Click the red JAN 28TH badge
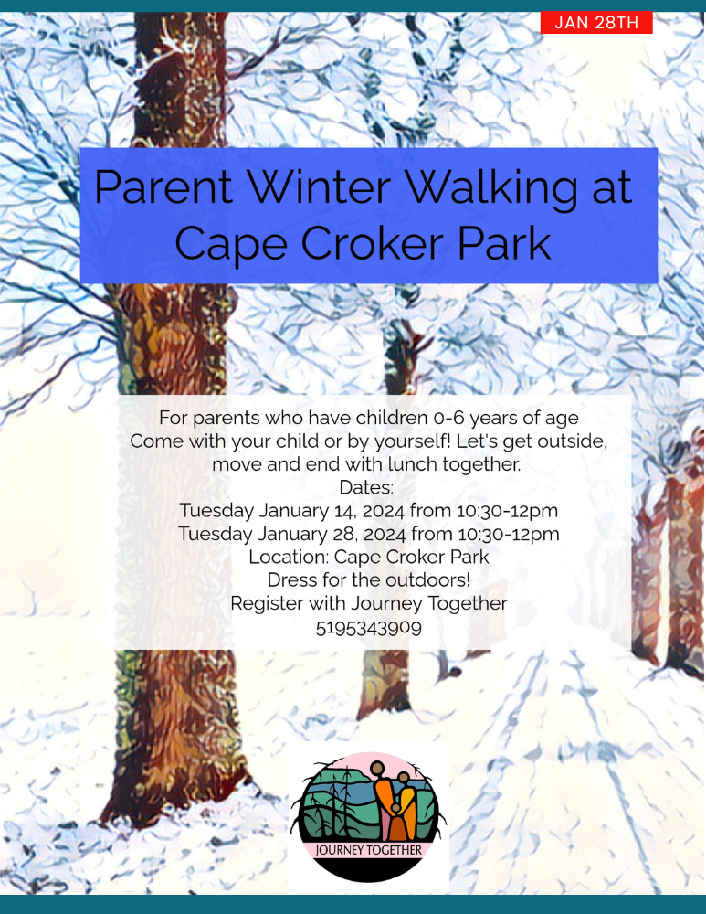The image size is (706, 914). pos(596,23)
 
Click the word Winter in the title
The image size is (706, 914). pos(320,187)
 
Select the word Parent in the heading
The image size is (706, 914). pos(163,187)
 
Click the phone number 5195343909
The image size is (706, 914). pos(369,628)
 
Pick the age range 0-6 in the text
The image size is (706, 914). pos(448,418)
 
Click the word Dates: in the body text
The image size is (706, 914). pos(366,487)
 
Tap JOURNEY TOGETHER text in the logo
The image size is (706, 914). pos(369,850)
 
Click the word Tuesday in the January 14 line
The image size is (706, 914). pos(216,511)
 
